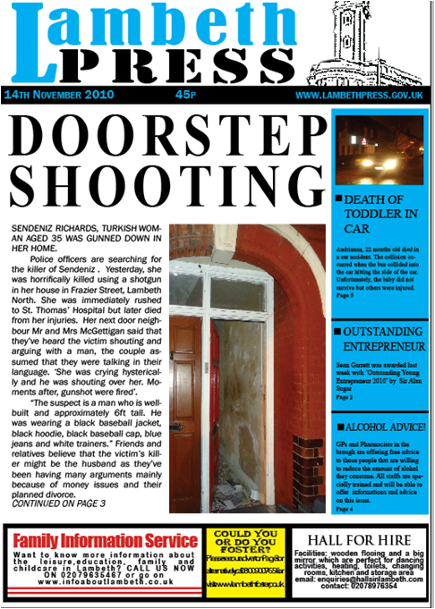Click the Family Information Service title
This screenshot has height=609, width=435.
pyautogui.click(x=105, y=541)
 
